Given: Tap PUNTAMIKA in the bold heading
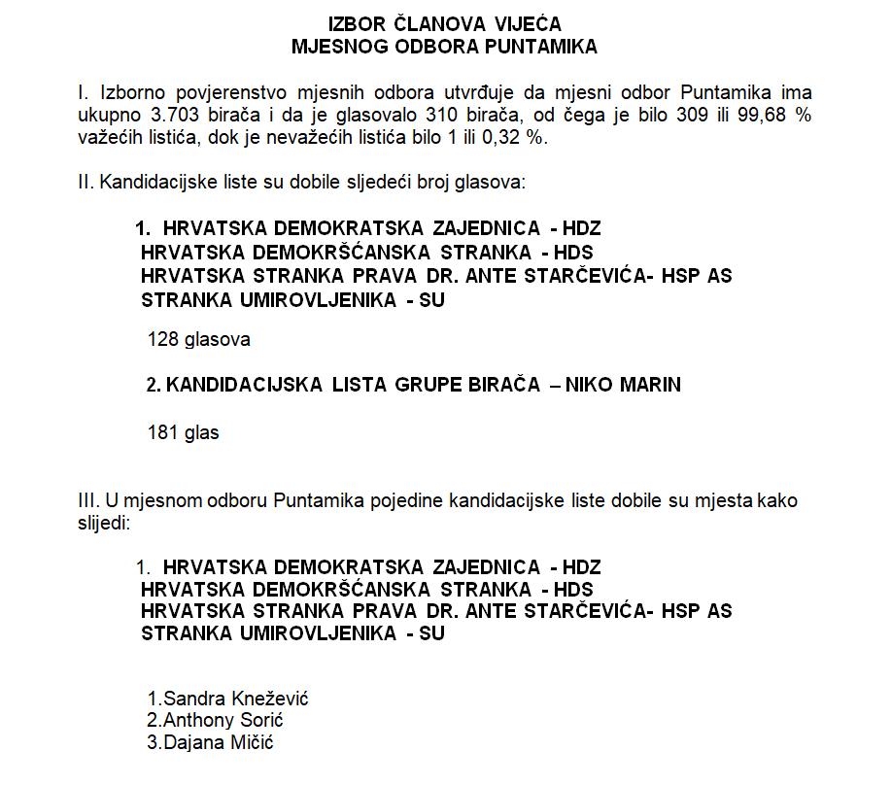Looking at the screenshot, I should tap(545, 45).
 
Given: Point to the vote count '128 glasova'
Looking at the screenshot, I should tap(198, 340).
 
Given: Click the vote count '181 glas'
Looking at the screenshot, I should tap(183, 433).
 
